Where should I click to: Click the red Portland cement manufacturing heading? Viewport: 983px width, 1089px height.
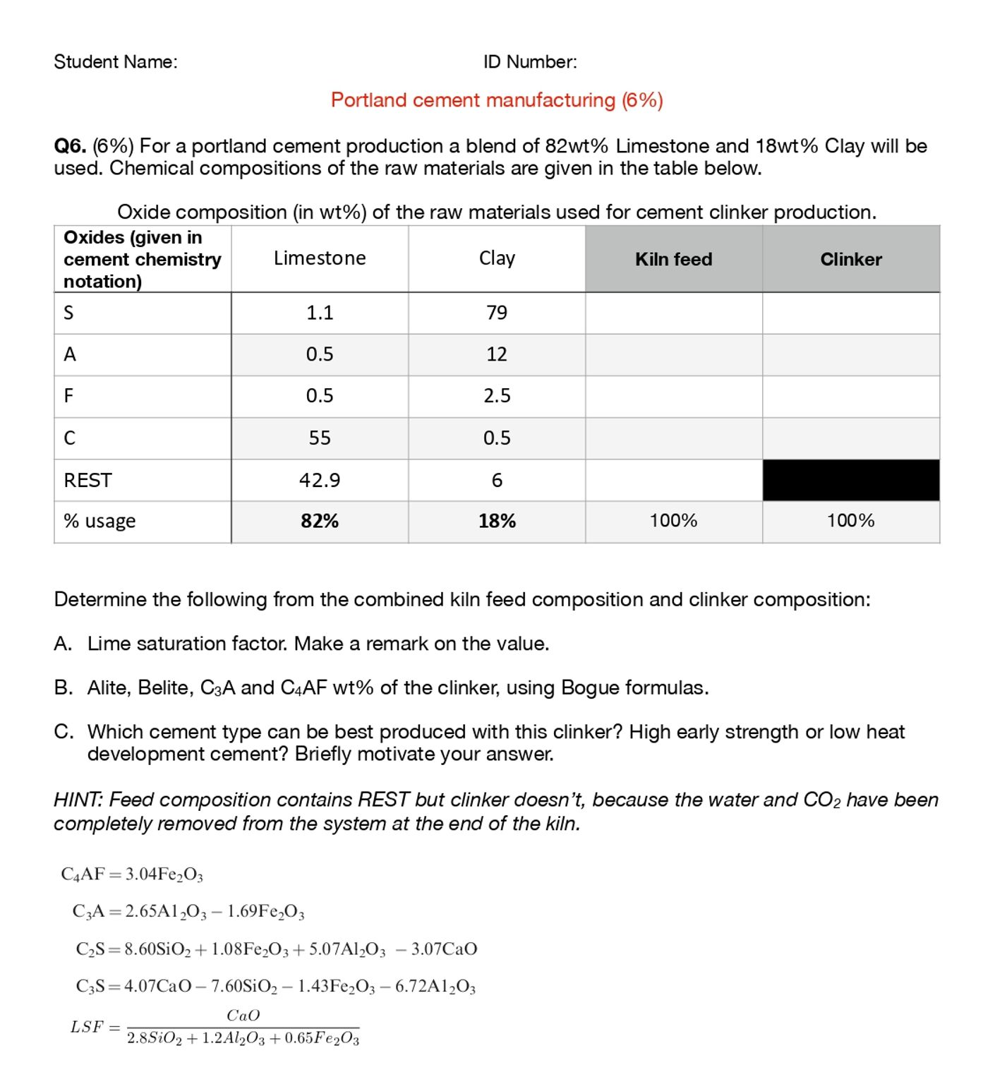497,100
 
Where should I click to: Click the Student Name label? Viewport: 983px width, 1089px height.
116,62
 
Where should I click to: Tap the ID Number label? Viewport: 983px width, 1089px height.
530,62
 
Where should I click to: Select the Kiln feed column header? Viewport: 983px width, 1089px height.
673,259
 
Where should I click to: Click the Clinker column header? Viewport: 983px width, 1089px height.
850,259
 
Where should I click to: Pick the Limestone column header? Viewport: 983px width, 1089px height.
320,258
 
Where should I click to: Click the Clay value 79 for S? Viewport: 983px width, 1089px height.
497,313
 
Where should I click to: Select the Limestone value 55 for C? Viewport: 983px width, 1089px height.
320,438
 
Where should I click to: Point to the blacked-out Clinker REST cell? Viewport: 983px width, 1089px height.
850,481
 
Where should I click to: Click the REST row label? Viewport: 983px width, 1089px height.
88,481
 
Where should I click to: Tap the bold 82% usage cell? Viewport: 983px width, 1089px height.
320,522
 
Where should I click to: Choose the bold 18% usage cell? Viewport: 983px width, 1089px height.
497,522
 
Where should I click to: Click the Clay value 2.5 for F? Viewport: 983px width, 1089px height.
497,396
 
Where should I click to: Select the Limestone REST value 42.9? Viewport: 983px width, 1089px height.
320,481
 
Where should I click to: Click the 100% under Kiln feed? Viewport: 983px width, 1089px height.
673,521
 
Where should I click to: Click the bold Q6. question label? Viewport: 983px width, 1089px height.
70,146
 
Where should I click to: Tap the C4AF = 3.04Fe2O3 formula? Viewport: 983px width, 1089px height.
132,874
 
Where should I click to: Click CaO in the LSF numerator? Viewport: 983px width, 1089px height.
243,1016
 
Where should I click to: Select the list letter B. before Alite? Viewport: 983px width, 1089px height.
63,687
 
